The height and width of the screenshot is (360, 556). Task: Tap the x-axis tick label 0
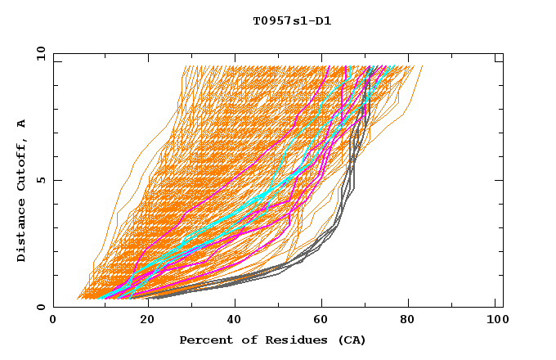(54, 322)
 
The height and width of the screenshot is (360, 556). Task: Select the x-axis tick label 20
(142, 322)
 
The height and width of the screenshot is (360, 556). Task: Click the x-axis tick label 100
(495, 322)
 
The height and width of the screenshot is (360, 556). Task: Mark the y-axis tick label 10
(39, 53)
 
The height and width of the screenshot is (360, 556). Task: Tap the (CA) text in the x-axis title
(349, 340)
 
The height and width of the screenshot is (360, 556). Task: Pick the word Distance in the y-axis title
(22, 230)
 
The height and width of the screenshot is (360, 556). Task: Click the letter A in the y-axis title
(22, 124)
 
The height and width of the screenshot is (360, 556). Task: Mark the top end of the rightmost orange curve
(422, 67)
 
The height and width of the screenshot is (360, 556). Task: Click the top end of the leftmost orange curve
(185, 66)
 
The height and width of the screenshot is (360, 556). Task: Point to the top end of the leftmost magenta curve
(327, 67)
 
